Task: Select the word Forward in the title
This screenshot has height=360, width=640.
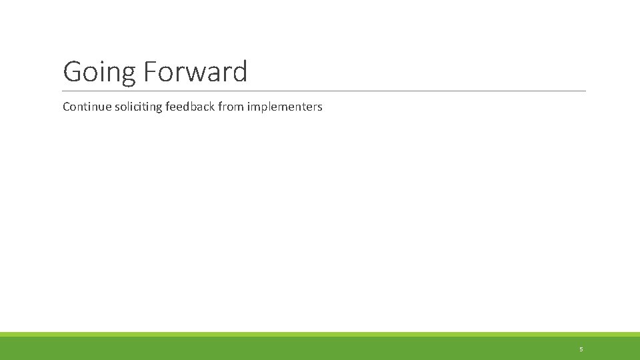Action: coord(195,71)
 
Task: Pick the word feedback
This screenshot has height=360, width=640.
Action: coord(187,107)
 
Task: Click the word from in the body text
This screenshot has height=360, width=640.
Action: coord(231,107)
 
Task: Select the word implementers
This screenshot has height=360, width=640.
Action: coord(285,107)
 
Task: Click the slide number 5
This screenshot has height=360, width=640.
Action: coord(581,349)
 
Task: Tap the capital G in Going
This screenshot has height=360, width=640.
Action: coord(72,71)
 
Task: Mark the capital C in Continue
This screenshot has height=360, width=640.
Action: coord(67,107)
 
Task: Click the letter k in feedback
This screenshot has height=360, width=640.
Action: coord(211,107)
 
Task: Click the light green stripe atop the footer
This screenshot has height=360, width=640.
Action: coord(320,334)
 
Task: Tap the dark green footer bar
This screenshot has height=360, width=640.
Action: coord(320,349)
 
